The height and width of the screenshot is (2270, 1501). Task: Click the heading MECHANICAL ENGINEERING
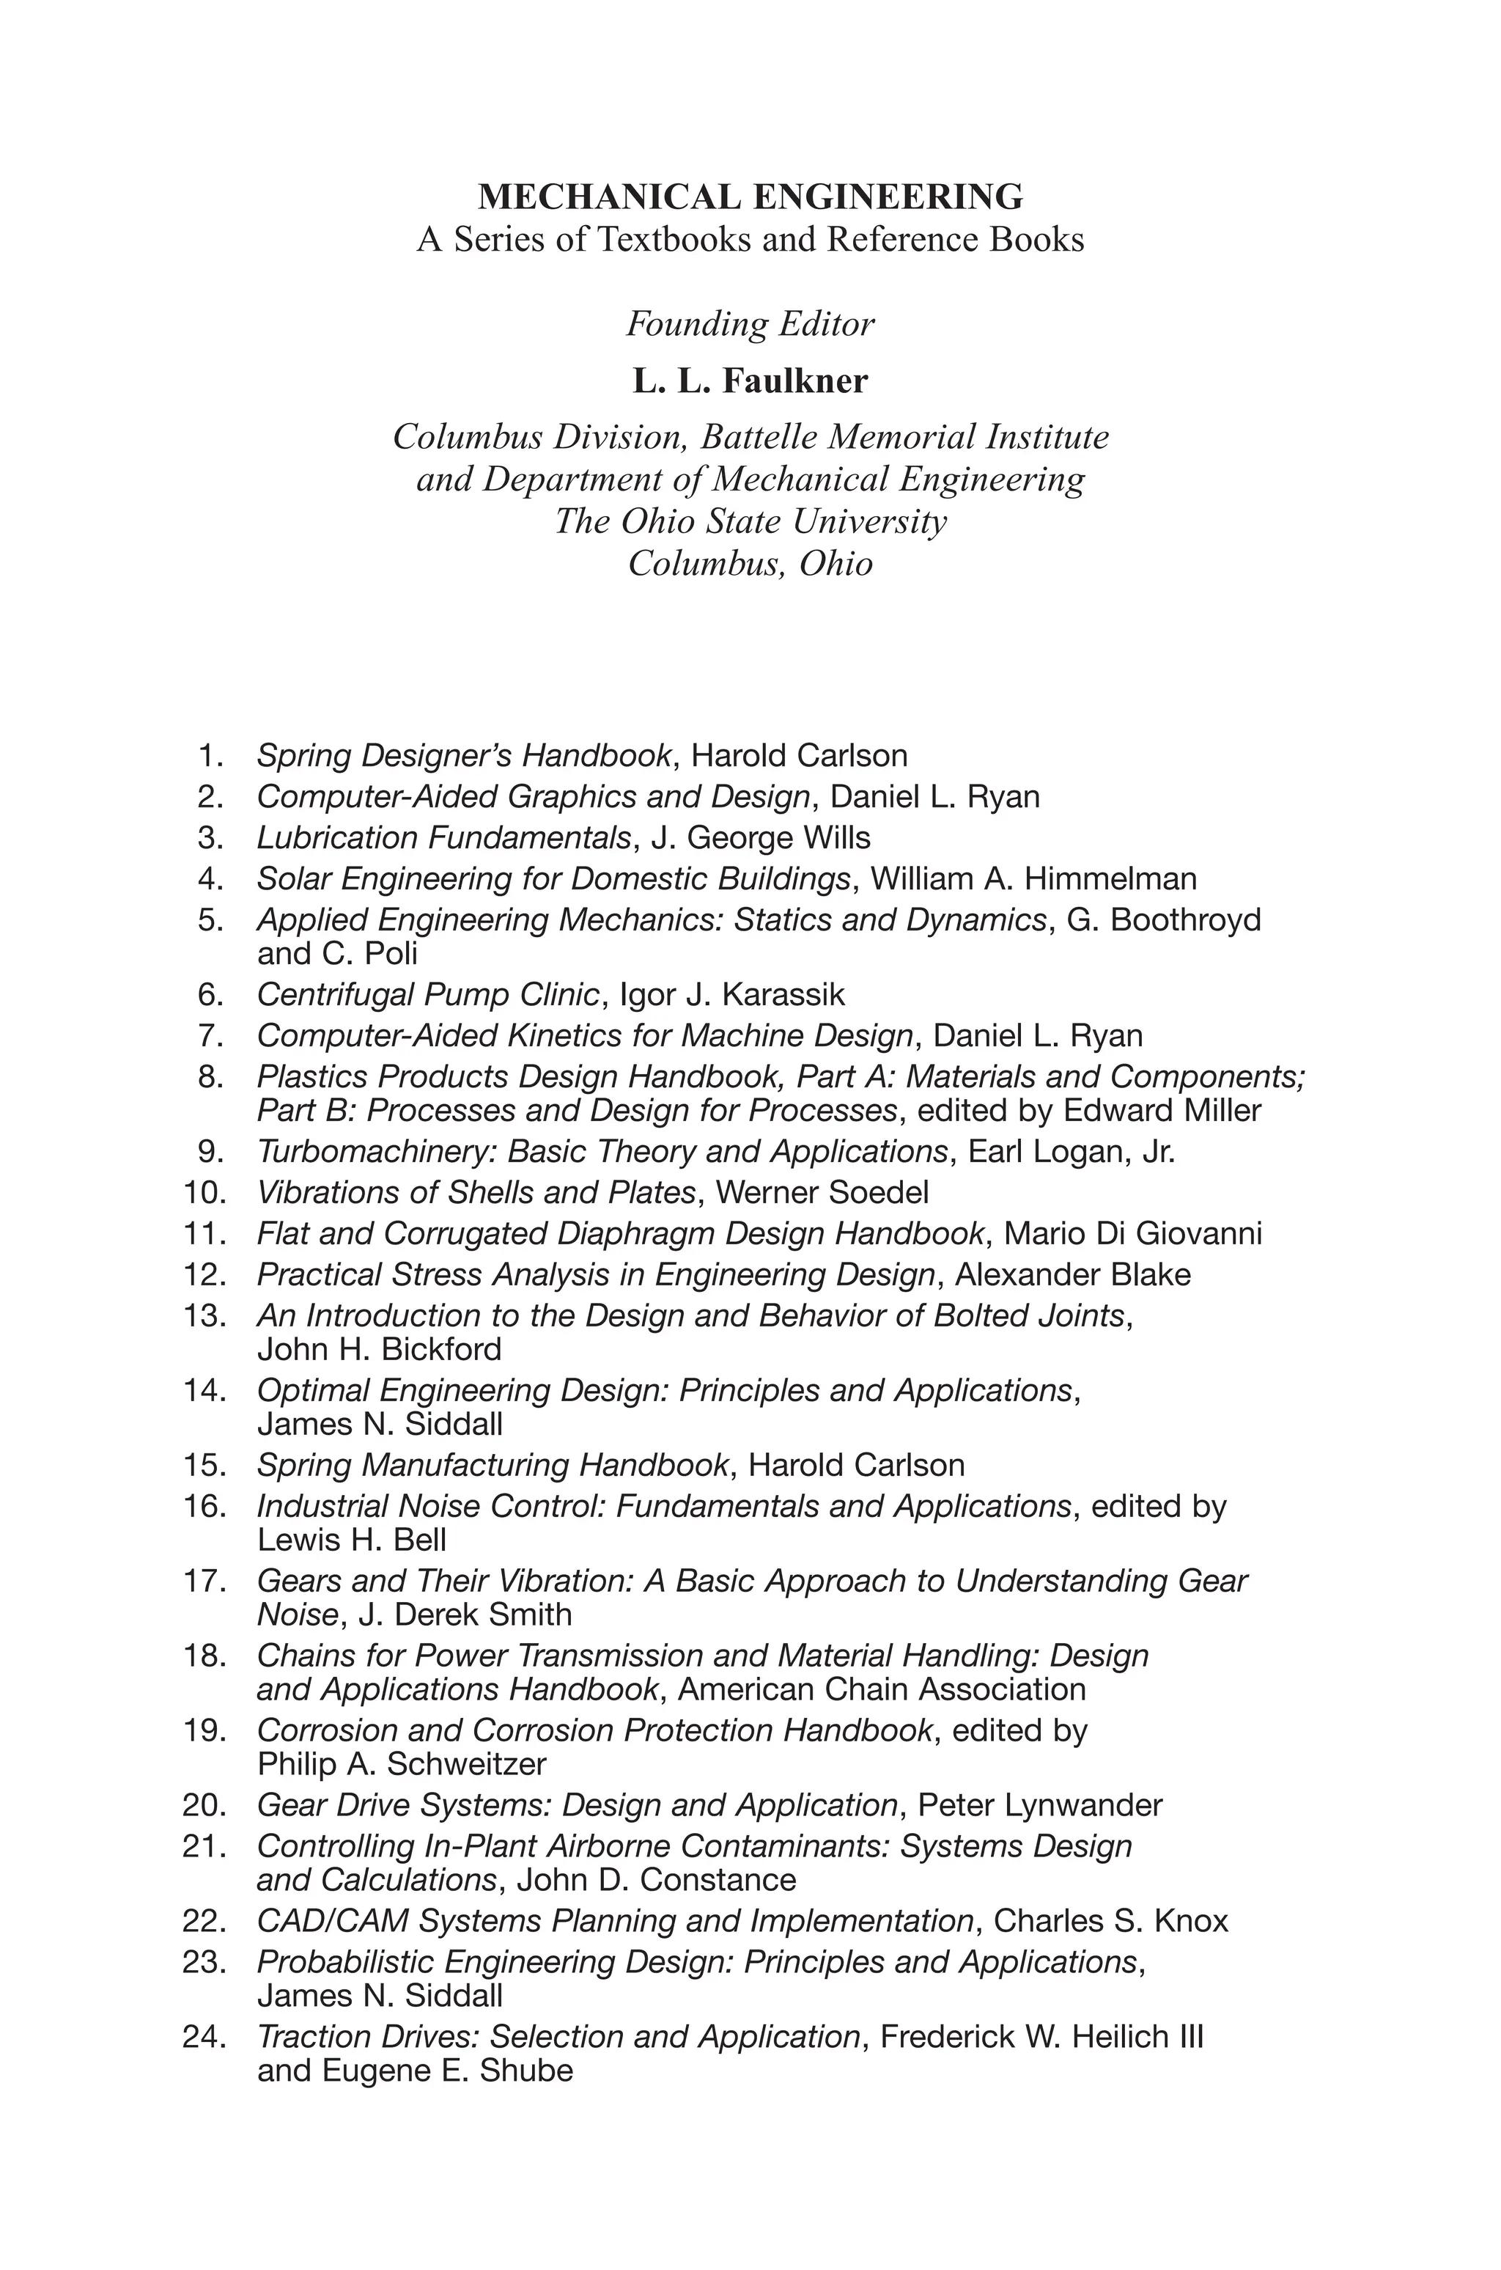[x=750, y=196]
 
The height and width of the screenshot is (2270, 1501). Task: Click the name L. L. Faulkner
[x=750, y=381]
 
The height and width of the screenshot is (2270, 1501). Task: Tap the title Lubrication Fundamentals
[x=443, y=838]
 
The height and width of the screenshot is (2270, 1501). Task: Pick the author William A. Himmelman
[x=1034, y=879]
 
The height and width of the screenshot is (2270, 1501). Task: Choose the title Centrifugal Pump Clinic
[x=428, y=996]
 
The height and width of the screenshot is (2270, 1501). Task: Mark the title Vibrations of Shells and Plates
[x=476, y=1193]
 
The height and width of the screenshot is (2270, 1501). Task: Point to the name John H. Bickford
[x=379, y=1350]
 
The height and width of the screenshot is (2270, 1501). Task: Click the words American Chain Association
[x=882, y=1690]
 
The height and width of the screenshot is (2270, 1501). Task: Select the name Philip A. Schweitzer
[x=401, y=1765]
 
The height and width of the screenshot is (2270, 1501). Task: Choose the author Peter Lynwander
[x=1039, y=1806]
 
